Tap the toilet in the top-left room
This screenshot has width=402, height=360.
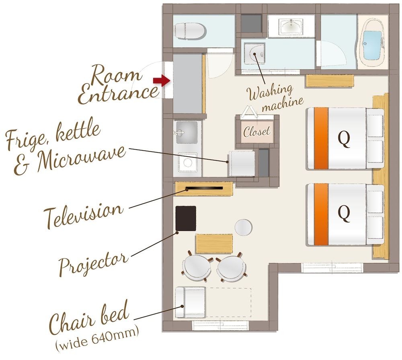tap(190, 30)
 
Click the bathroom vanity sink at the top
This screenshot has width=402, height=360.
tap(292, 27)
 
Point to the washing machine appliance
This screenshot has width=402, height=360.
tap(254, 54)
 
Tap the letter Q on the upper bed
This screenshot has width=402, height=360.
tap(344, 138)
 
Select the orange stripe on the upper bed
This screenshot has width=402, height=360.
tap(321, 138)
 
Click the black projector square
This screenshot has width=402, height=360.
tap(186, 218)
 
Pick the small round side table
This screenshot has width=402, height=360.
tap(243, 227)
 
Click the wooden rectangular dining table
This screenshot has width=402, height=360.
tap(214, 243)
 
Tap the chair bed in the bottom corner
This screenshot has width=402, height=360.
tap(190, 302)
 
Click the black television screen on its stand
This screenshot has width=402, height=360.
tap(204, 188)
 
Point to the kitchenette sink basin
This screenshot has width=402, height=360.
tap(187, 132)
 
